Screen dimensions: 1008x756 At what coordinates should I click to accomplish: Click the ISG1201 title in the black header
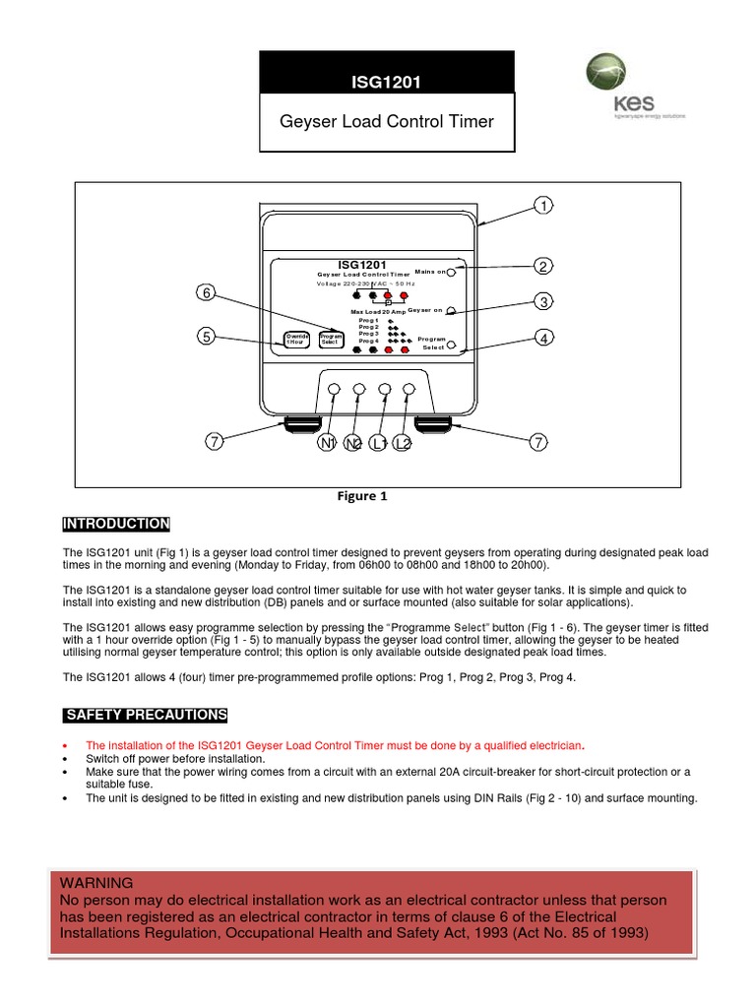click(x=386, y=82)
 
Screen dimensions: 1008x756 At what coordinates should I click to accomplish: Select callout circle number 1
click(x=541, y=206)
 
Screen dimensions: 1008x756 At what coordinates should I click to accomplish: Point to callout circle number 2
click(x=541, y=266)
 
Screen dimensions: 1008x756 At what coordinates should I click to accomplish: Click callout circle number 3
click(x=541, y=301)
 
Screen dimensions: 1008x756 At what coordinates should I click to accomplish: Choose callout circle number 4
click(x=541, y=339)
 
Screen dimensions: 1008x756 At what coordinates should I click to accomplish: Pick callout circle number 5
click(x=207, y=337)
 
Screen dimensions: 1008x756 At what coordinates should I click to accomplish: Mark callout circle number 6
click(x=207, y=293)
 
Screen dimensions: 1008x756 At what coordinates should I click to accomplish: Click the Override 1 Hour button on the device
click(x=297, y=340)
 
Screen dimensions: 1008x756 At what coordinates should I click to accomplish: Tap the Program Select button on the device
click(x=331, y=340)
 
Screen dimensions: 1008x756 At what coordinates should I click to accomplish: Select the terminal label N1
click(x=327, y=444)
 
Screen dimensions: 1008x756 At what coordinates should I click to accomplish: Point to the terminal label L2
click(x=403, y=444)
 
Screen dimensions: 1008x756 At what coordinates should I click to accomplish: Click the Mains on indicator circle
click(x=451, y=272)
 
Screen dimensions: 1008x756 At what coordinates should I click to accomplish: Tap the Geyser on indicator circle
click(x=451, y=310)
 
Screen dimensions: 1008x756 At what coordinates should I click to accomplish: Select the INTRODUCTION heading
click(x=116, y=524)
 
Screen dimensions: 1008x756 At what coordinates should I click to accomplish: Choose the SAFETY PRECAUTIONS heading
click(x=145, y=715)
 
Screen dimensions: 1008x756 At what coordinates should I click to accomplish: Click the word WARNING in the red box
click(x=96, y=883)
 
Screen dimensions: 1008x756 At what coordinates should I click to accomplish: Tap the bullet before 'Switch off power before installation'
click(x=64, y=760)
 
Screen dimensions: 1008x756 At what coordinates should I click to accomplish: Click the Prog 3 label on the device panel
click(x=369, y=334)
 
